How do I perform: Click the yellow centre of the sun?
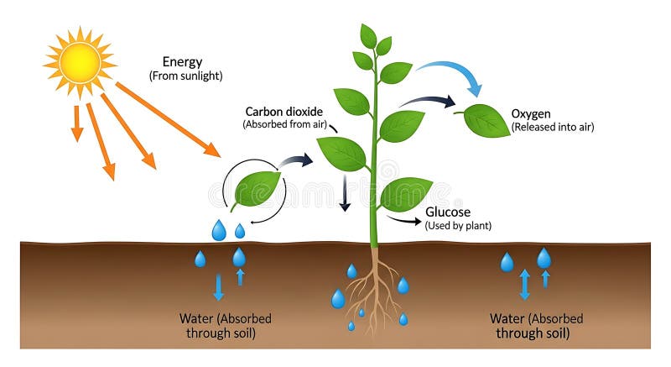coord(81,62)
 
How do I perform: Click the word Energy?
coord(181,62)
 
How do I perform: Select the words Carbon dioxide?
coord(280,111)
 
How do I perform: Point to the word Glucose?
coord(448,212)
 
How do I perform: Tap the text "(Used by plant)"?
coord(458,226)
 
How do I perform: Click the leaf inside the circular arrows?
coord(257,189)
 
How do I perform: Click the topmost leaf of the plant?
coord(368,35)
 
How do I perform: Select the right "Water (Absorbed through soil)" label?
coord(536,326)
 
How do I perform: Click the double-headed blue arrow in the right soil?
coord(525,284)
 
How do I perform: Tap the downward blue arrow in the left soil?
coord(219,286)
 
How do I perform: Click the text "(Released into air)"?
coord(552,127)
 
